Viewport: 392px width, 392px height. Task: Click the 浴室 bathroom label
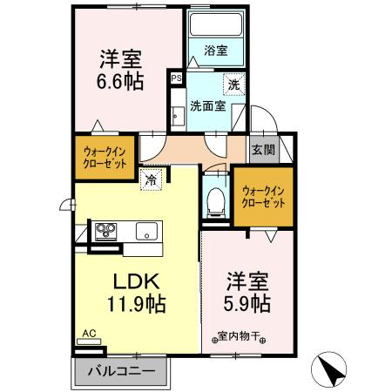(x=215, y=51)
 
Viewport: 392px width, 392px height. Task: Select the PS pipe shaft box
(x=176, y=78)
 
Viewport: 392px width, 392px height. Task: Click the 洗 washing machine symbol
(x=233, y=84)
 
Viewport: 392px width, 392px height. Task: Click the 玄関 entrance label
(x=263, y=149)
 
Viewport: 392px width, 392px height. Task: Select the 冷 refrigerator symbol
(x=152, y=180)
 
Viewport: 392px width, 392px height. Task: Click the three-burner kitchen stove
(x=107, y=231)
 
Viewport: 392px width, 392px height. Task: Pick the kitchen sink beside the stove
(x=145, y=231)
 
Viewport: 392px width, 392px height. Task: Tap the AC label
(x=88, y=332)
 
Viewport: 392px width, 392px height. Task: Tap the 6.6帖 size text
(x=121, y=80)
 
